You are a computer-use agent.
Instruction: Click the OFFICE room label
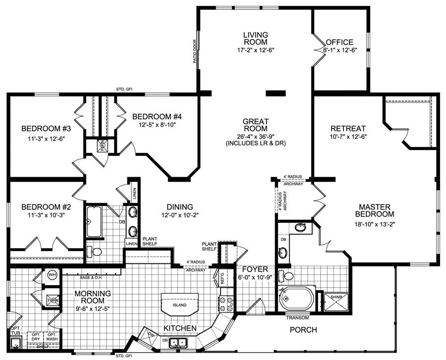[339, 42]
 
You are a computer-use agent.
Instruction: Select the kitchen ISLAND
[180, 305]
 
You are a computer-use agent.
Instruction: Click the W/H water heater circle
[53, 275]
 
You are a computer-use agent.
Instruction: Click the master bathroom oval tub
[296, 299]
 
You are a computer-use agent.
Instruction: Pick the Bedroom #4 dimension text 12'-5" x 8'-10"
[157, 125]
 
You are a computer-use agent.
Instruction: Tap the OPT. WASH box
[52, 337]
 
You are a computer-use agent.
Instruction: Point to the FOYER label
[255, 269]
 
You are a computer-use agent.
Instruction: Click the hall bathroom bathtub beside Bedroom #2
[94, 221]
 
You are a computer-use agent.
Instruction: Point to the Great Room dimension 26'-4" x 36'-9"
[256, 136]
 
